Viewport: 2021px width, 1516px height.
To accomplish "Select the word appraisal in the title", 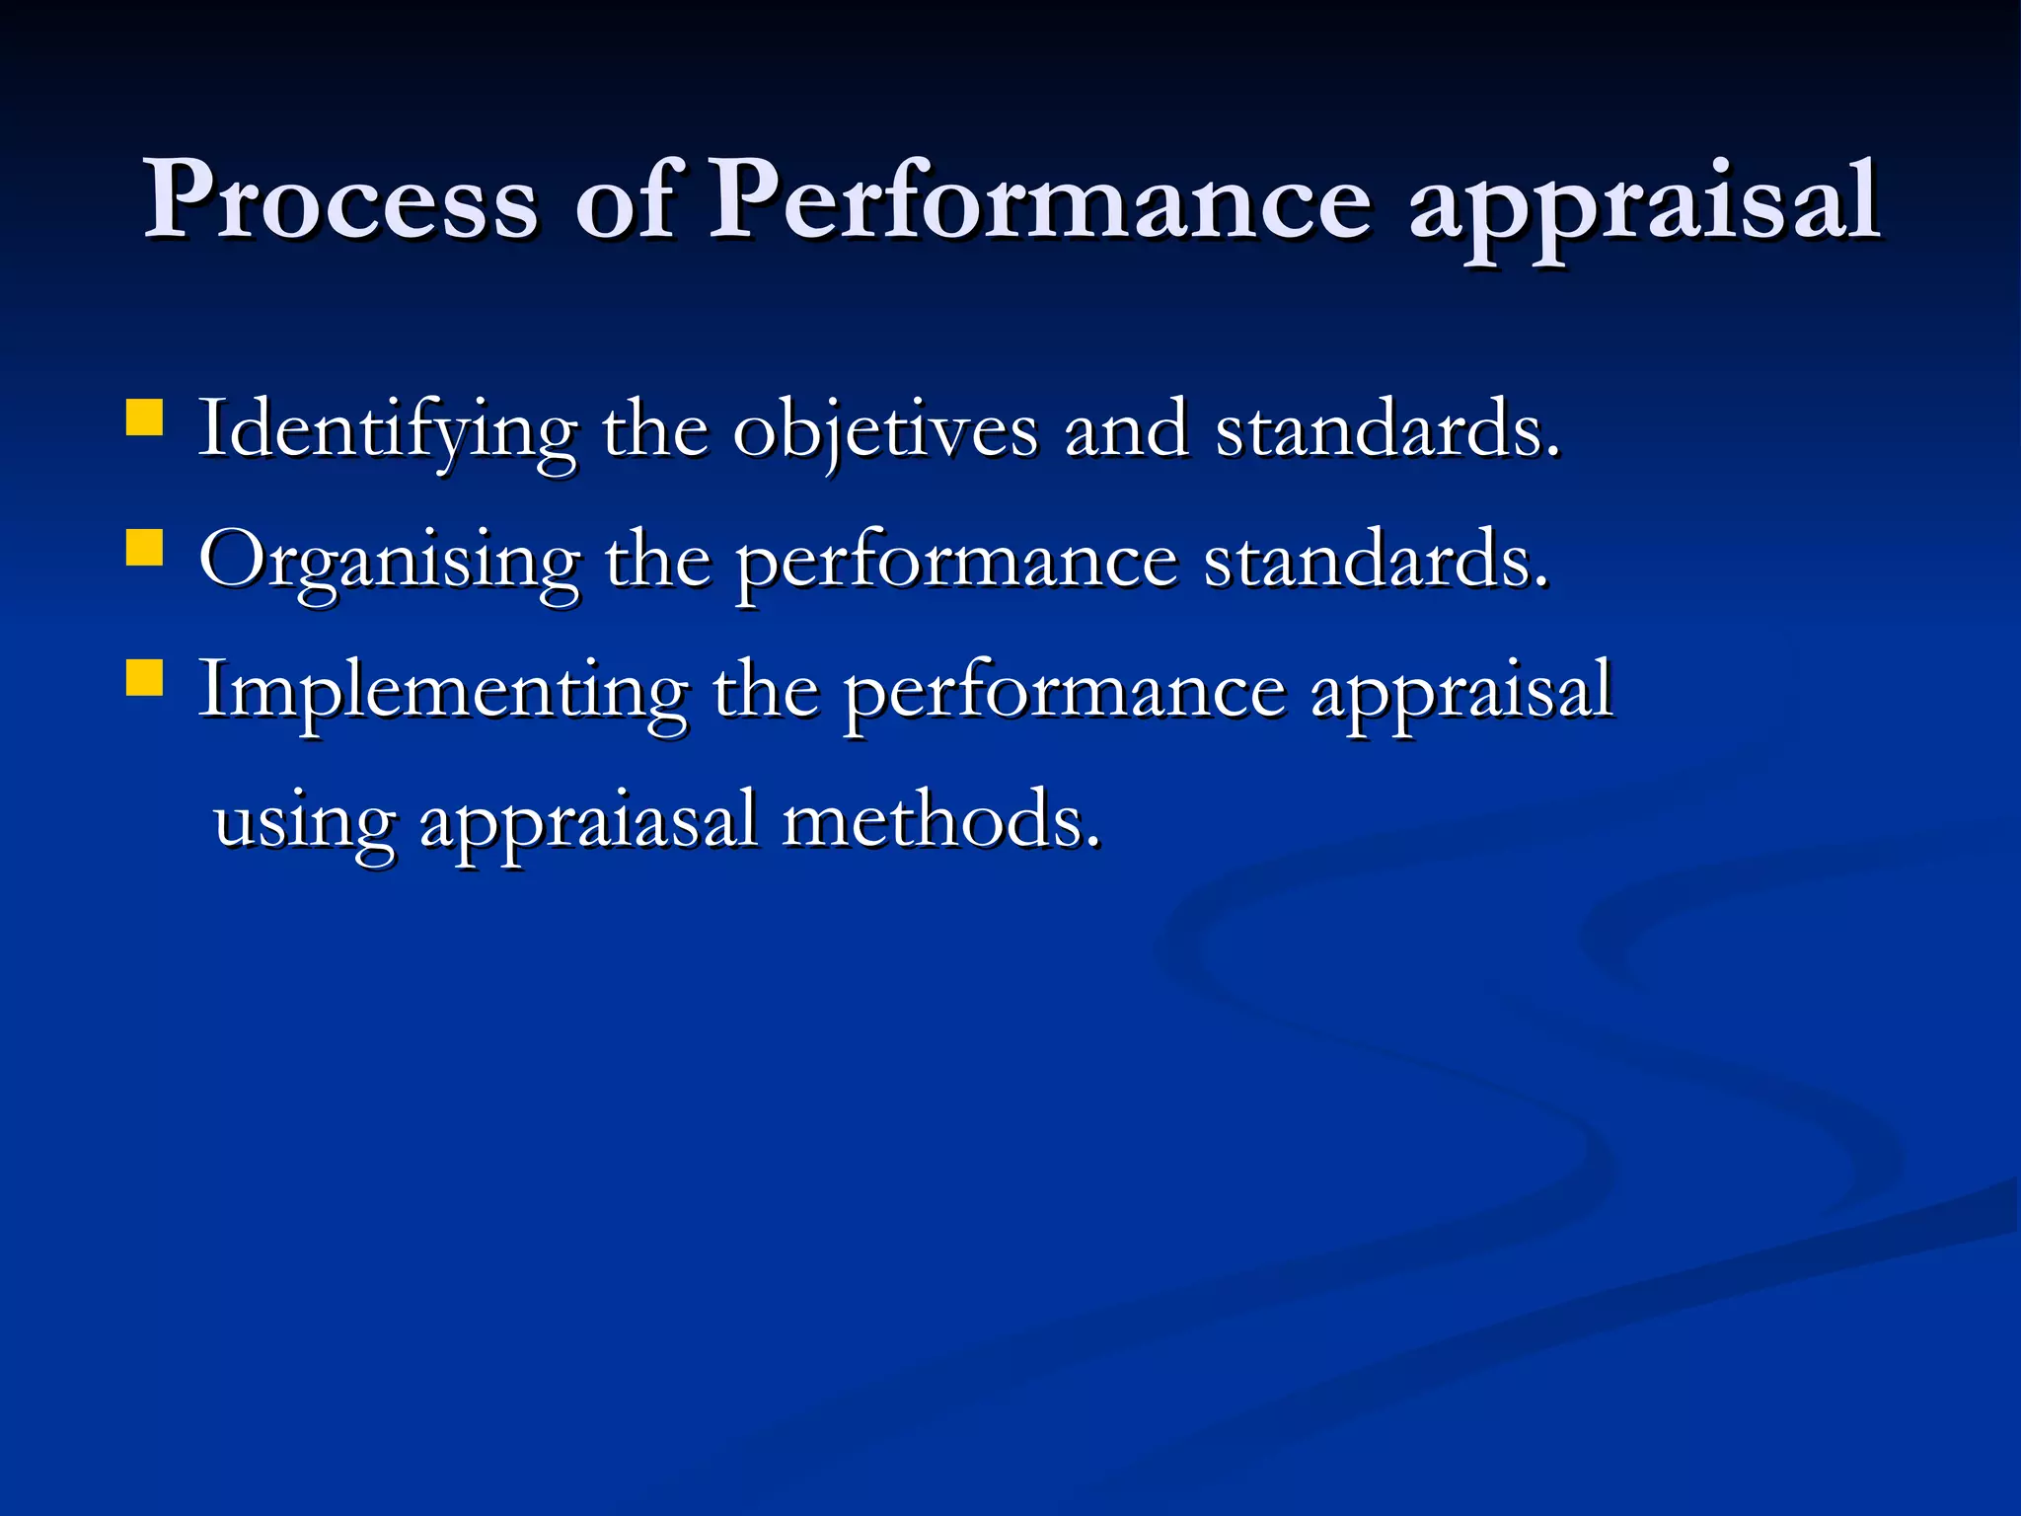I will pyautogui.click(x=1644, y=207).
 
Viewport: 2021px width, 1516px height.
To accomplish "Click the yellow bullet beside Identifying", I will pyautogui.click(x=145, y=417).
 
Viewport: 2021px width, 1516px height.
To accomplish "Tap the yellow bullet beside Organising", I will pyautogui.click(x=145, y=548).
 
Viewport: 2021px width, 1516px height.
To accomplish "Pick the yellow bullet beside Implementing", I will pyautogui.click(x=145, y=678).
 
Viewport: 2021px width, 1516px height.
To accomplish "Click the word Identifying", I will pyautogui.click(x=387, y=432).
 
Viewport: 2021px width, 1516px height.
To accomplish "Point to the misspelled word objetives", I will pyautogui.click(x=885, y=432).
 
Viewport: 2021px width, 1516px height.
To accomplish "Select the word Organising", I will pyautogui.click(x=390, y=563).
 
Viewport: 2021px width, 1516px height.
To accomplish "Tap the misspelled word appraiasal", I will pyautogui.click(x=588, y=822).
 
